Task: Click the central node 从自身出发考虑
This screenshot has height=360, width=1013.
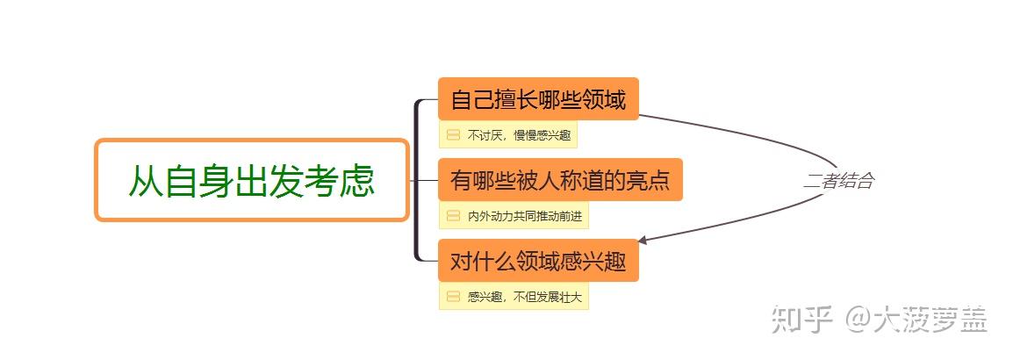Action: click(x=252, y=180)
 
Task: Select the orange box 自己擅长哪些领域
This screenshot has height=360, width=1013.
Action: click(x=538, y=99)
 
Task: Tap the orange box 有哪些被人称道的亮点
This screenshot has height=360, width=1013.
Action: click(x=560, y=180)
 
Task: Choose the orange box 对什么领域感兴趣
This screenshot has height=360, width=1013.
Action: click(x=538, y=262)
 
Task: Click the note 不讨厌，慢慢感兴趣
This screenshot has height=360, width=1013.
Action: click(x=519, y=135)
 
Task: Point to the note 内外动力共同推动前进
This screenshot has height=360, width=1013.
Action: click(x=524, y=216)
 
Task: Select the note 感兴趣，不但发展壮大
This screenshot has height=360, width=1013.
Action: click(x=524, y=297)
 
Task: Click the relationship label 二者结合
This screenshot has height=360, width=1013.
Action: click(x=838, y=182)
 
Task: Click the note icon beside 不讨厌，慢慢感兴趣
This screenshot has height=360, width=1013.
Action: click(x=453, y=135)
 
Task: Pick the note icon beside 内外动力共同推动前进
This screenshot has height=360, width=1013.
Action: click(x=453, y=216)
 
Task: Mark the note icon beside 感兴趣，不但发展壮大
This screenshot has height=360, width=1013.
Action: click(x=453, y=297)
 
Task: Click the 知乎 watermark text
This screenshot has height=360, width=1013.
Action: click(x=801, y=320)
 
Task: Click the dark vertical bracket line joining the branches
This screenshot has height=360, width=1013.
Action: click(x=416, y=180)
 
